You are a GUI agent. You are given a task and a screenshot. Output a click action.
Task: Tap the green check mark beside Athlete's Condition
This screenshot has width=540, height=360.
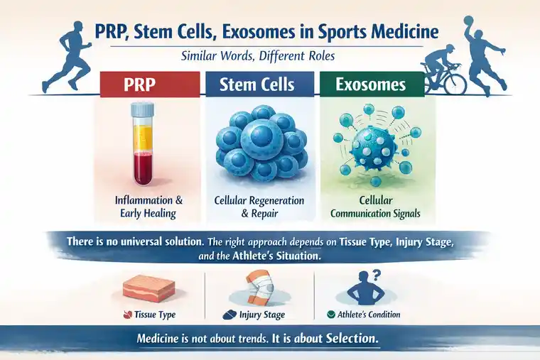[x=330, y=314]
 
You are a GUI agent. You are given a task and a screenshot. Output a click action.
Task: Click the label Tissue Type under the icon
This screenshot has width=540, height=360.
[x=153, y=314]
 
